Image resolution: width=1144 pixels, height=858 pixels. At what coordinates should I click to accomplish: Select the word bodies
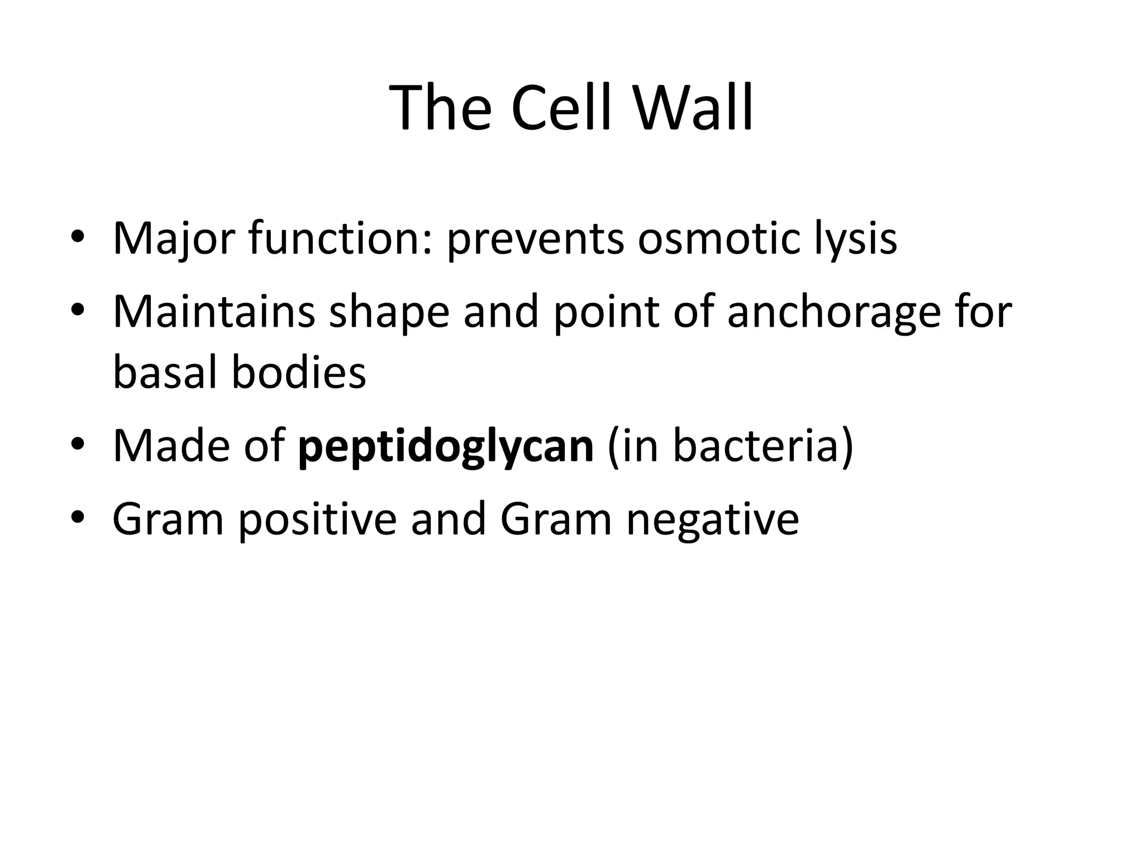299,373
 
